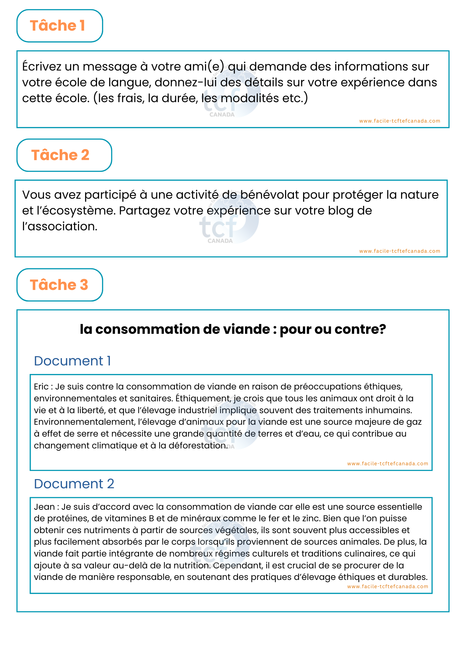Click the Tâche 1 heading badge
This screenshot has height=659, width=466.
60,26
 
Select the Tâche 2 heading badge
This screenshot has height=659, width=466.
64,155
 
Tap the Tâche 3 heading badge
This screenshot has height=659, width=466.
60,285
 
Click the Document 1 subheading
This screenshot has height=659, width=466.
72,361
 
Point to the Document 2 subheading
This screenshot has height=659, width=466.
74,484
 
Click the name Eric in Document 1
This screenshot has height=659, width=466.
41,387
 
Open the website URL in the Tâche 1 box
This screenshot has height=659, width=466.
399,121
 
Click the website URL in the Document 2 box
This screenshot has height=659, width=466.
388,587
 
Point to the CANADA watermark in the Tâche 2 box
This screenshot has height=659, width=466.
220,241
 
